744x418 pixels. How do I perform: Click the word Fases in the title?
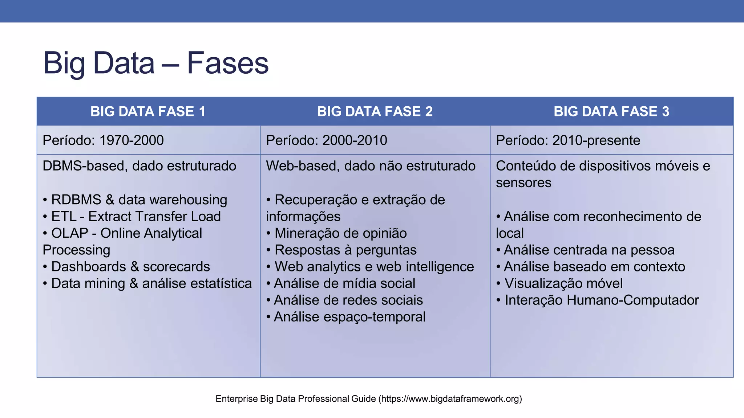click(x=227, y=63)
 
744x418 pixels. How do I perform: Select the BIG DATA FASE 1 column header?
click(x=148, y=111)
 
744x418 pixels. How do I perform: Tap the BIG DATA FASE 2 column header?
click(x=375, y=111)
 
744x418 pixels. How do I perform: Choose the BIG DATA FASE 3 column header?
click(x=611, y=111)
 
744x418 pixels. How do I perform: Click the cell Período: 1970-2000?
click(x=103, y=140)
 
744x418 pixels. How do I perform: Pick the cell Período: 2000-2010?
click(x=326, y=140)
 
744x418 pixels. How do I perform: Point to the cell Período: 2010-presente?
click(x=568, y=140)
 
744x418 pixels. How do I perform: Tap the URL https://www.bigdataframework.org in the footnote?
click(x=450, y=399)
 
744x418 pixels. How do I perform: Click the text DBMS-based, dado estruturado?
click(x=139, y=166)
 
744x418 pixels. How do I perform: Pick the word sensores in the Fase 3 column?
click(x=523, y=183)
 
